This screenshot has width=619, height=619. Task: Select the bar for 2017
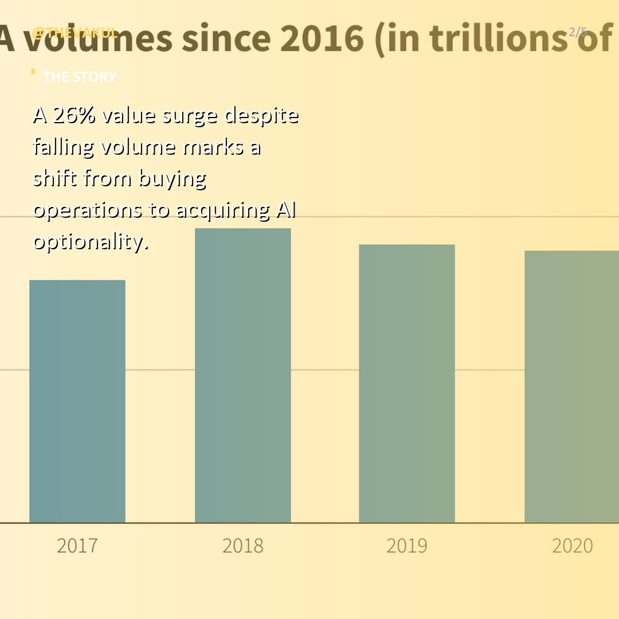point(77,401)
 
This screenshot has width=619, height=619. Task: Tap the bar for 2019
point(407,383)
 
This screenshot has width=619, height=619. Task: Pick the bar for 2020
point(572,387)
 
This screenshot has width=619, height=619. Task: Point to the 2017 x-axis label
point(77,546)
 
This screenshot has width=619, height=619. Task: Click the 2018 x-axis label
point(243,546)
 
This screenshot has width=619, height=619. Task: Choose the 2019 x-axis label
point(407,546)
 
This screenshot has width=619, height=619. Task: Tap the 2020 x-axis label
point(572,546)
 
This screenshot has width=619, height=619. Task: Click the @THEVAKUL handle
point(75,33)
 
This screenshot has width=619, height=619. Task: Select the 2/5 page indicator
point(578,32)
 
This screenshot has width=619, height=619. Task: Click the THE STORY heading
point(80,77)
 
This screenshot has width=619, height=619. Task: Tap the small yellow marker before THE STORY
point(33,72)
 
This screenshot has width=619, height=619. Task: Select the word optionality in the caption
point(91,242)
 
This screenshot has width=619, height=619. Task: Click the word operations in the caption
point(88,211)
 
